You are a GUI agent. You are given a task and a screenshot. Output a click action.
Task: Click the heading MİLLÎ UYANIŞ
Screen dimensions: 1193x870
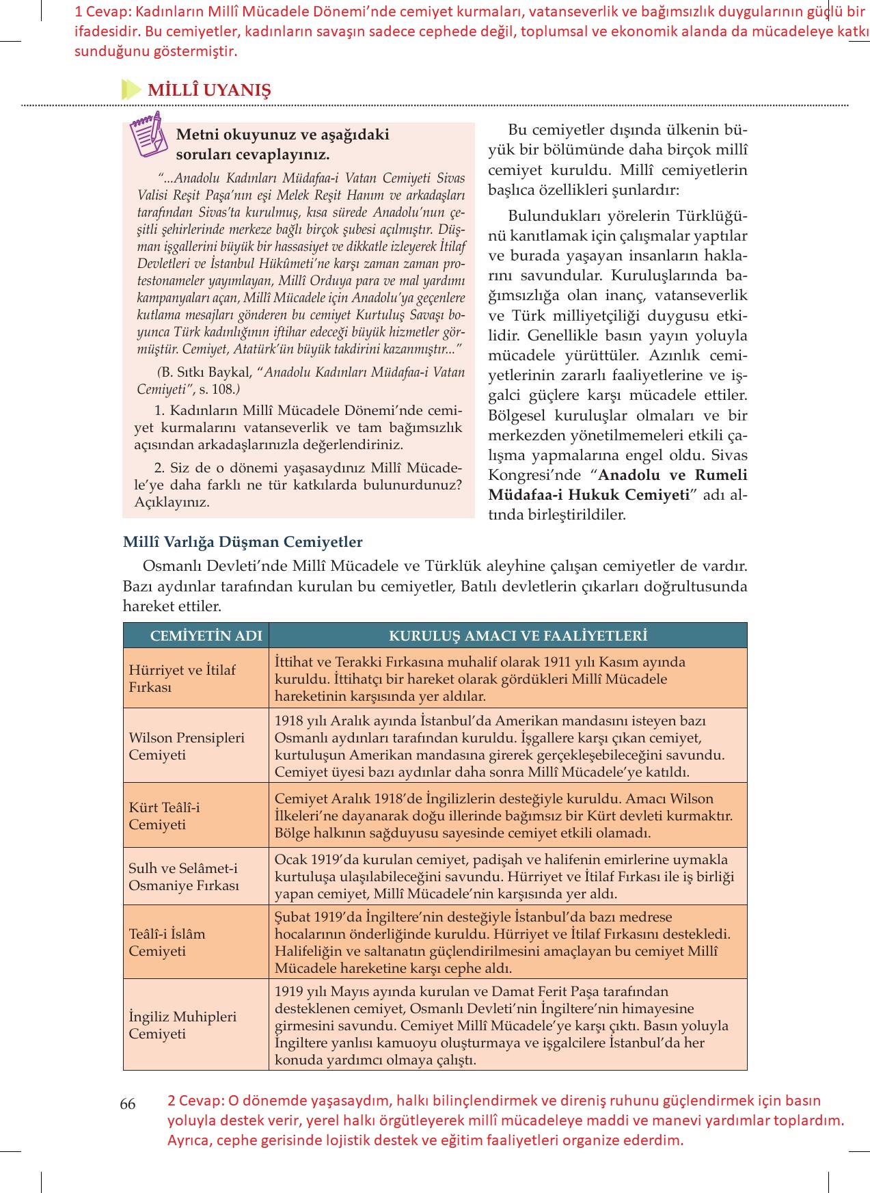point(209,90)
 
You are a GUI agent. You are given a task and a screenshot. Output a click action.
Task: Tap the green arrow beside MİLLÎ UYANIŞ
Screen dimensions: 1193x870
point(130,90)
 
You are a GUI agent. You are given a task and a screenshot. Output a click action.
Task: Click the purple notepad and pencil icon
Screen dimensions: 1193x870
point(148,134)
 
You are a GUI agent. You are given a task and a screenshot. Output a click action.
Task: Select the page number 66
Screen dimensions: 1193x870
point(128,1104)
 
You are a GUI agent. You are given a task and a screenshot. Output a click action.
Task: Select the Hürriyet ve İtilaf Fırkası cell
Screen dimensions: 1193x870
point(182,678)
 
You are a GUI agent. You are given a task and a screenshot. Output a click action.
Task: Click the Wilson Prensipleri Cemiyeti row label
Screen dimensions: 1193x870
point(187,746)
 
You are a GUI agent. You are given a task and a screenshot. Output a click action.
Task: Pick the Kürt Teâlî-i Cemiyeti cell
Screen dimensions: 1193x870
point(164,816)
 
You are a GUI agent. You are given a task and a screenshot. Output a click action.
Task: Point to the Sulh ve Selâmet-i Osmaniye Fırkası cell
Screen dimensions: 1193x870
point(184,876)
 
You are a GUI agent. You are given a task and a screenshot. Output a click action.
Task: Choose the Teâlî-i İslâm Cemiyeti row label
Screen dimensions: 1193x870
point(167,942)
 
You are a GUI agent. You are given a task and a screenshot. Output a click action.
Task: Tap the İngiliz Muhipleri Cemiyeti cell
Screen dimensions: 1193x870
point(182,1025)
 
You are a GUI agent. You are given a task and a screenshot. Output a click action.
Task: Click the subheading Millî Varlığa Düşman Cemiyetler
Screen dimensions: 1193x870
point(243,542)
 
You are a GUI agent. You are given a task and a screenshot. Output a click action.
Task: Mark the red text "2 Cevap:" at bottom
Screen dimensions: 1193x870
point(194,1101)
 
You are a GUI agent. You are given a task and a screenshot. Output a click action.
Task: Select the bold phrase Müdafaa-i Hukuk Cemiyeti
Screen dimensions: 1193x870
point(589,495)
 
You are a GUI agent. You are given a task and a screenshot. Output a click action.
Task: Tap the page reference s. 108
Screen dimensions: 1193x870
point(217,390)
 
